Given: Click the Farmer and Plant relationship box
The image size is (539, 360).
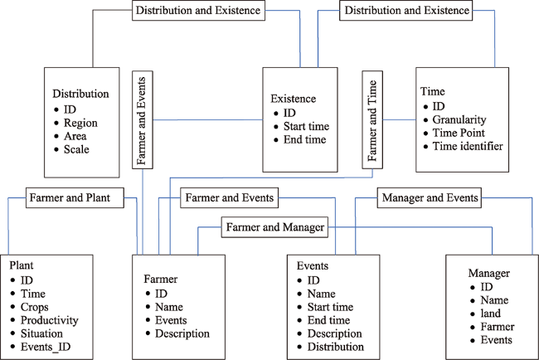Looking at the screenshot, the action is (x=75, y=197).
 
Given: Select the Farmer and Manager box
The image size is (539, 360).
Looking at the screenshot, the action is (x=274, y=227).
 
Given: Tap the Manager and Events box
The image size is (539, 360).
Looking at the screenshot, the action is (x=430, y=197).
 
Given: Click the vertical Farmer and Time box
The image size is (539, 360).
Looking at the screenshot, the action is (x=372, y=120).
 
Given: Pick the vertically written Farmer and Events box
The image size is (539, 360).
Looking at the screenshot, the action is (x=143, y=120).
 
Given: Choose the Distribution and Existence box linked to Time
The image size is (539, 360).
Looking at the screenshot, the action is (x=406, y=10).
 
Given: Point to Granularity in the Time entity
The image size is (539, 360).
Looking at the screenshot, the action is (x=459, y=119).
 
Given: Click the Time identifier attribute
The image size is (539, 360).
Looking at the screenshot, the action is (x=468, y=146).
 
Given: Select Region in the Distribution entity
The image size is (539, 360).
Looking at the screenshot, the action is (x=80, y=123).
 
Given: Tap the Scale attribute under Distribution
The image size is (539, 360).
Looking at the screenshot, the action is (x=76, y=149).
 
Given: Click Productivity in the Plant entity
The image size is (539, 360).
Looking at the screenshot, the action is (x=50, y=320).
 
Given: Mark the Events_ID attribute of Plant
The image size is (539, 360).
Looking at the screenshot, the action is (x=46, y=347).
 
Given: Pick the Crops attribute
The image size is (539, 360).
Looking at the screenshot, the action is (x=34, y=307).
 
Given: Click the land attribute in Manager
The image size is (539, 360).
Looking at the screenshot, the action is (x=491, y=314).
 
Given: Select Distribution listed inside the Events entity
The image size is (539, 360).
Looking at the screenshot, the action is (x=336, y=347).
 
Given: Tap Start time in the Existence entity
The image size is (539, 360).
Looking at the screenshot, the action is (x=306, y=127).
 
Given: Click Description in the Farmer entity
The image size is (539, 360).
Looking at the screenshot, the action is (x=182, y=333).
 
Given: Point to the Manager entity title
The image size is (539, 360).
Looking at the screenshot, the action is (x=488, y=274).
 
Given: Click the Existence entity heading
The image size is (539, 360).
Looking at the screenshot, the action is (x=294, y=99).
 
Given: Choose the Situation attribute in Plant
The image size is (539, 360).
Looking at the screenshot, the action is (x=41, y=333).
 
